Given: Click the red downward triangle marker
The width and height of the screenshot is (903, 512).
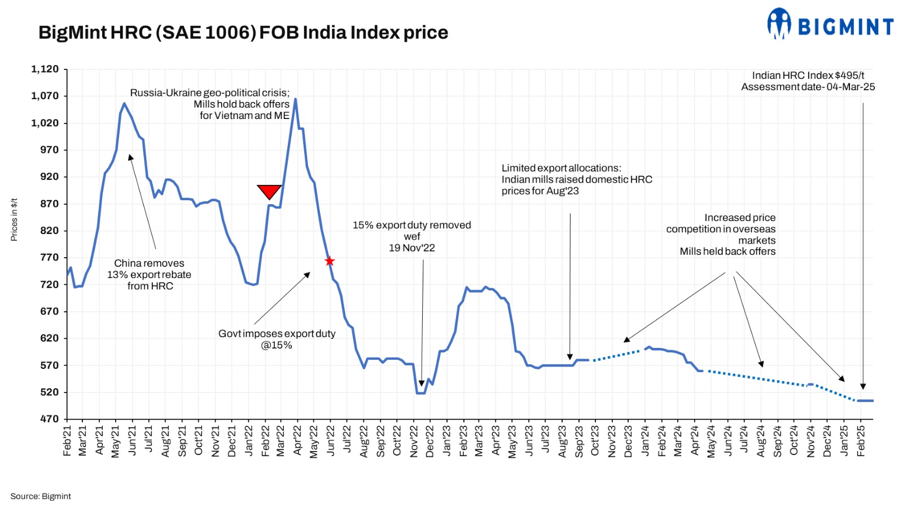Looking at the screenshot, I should tap(269, 191).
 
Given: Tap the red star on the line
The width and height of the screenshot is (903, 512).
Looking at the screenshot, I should tap(330, 261).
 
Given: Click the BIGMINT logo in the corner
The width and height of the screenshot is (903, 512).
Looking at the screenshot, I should tap(830, 25).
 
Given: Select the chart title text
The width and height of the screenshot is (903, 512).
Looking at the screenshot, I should tap(243, 33).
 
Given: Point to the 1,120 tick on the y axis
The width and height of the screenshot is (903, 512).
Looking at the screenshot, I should tap(45, 69).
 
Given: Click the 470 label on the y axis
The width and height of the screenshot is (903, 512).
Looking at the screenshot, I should tap(49, 419).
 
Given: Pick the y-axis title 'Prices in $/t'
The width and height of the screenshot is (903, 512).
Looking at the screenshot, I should tap(14, 219).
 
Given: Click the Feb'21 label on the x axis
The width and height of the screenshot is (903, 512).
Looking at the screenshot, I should tap(67, 441).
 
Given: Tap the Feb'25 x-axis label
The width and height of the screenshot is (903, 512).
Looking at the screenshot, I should tap(861, 441).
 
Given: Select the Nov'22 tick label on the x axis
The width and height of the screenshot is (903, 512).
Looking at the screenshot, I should tap(414, 441).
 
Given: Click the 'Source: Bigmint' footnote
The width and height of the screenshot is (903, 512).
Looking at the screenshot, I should tap(41, 496).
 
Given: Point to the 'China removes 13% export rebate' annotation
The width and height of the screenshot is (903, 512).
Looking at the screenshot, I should tap(150, 275).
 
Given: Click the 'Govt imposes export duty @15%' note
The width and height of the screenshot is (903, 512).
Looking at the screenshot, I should tap(277, 339).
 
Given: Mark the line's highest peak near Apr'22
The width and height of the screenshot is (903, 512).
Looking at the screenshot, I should tap(295, 99).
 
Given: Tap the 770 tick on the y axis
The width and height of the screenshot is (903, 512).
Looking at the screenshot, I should tap(49, 258).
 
